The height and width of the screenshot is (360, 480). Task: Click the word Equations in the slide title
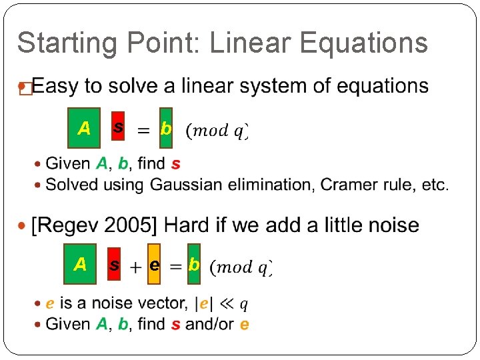[364, 43]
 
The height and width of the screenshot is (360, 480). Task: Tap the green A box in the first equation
[84, 127]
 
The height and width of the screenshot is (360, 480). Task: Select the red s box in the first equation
[117, 126]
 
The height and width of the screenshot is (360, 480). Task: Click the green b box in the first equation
[166, 127]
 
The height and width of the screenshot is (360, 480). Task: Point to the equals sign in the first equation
[143, 131]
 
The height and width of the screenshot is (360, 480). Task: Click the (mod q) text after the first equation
[217, 130]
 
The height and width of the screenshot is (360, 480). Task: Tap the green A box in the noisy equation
[81, 264]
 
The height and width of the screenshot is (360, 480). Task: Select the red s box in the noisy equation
[115, 265]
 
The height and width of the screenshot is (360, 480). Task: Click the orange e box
[154, 265]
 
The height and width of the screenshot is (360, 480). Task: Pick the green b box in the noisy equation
[193, 265]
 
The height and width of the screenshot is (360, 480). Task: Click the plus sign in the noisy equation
[135, 267]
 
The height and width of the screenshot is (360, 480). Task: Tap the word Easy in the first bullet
[57, 86]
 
